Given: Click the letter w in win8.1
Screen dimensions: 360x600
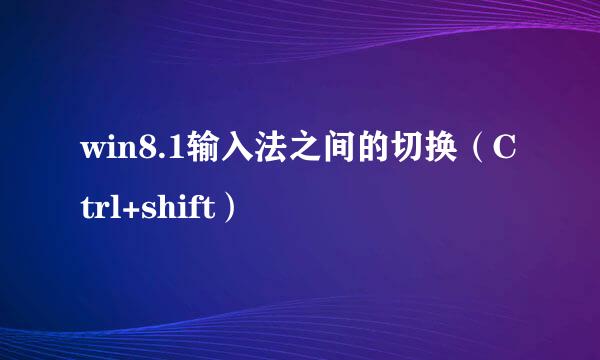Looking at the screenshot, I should (93, 153).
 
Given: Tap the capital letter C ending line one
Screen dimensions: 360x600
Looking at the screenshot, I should (507, 151).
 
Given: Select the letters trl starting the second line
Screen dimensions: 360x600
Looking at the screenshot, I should (101, 208).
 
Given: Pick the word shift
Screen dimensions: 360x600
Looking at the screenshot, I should (177, 207).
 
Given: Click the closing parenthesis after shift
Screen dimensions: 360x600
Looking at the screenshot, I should (231, 208).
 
